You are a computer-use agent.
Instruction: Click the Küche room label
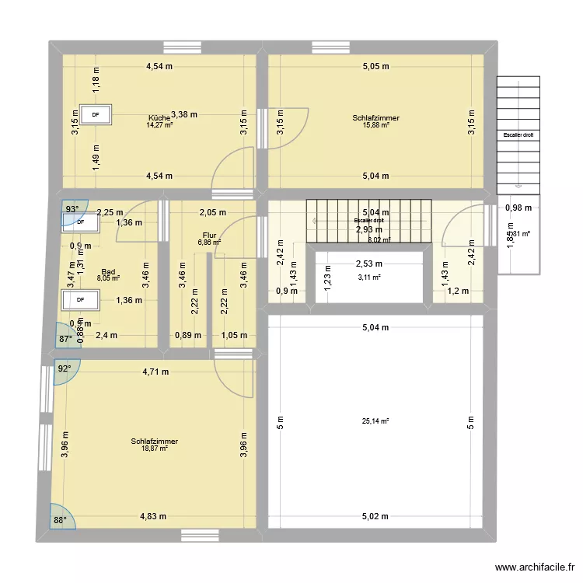(159, 117)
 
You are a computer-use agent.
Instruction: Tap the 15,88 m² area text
(375, 125)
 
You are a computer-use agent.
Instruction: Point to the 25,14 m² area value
(375, 421)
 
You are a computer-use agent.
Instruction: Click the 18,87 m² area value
(155, 449)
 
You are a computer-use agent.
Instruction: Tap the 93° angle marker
(72, 209)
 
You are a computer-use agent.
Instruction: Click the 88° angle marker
(60, 521)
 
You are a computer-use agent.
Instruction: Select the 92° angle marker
(63, 370)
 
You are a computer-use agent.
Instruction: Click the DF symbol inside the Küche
(96, 115)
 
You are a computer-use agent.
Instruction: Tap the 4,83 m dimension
(155, 515)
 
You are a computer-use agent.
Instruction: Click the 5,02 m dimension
(376, 515)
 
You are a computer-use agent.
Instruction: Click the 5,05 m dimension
(375, 67)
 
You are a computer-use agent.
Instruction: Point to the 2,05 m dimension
(211, 212)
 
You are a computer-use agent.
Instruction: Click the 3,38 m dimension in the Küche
(184, 113)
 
